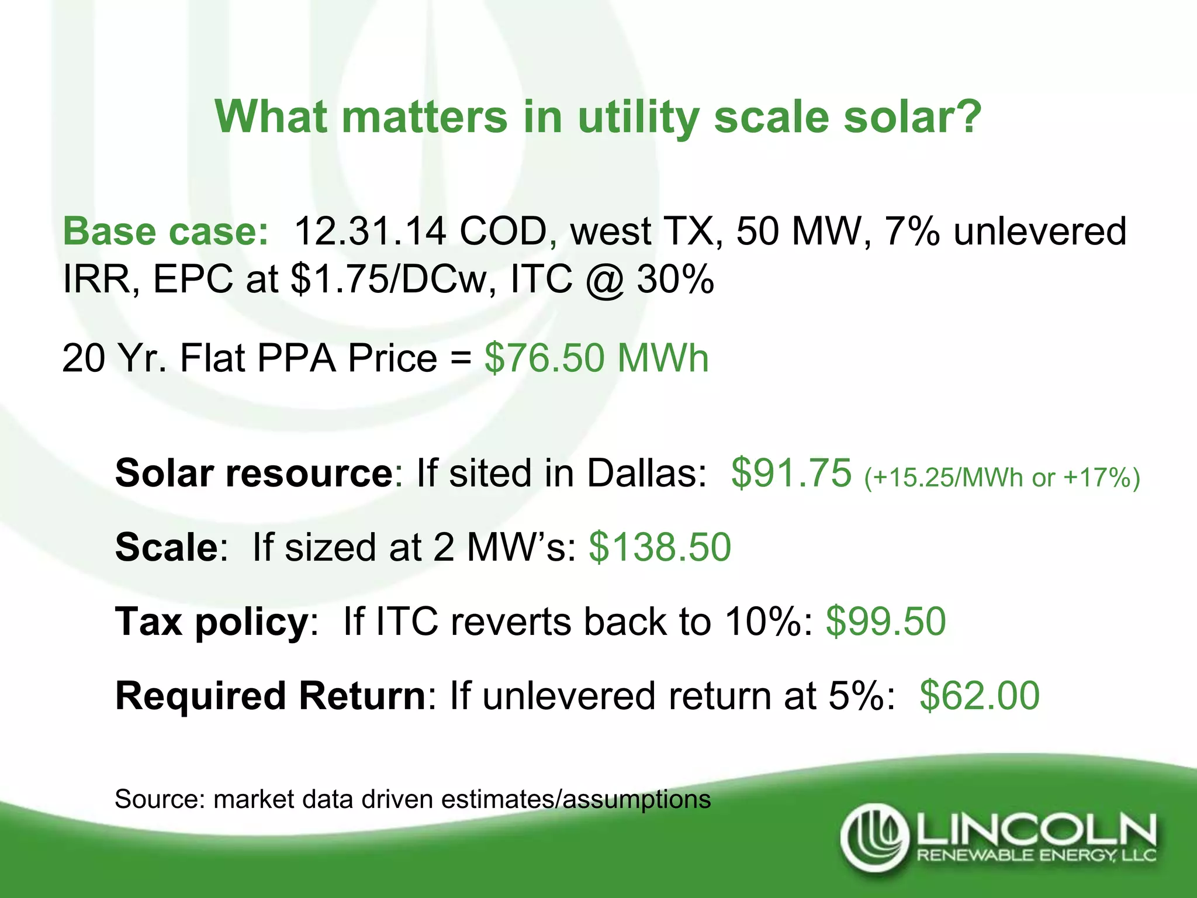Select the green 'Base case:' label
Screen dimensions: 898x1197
click(166, 232)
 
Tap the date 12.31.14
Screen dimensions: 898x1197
click(370, 232)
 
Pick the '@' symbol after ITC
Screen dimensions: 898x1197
click(604, 280)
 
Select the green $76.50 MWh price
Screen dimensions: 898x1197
click(596, 358)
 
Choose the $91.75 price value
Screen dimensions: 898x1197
click(791, 472)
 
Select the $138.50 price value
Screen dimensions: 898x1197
click(660, 547)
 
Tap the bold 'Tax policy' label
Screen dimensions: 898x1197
click(212, 621)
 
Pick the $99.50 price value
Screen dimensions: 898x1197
click(885, 621)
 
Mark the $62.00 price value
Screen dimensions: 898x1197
click(980, 696)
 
